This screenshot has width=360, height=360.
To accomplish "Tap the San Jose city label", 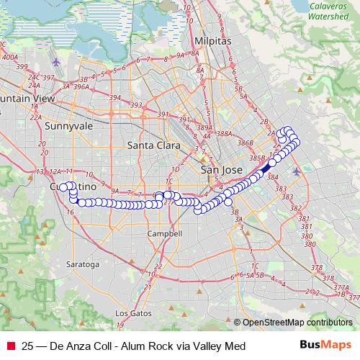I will point(217,170).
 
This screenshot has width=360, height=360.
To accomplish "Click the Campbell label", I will point(163,234).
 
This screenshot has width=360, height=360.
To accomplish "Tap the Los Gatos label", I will point(131,314).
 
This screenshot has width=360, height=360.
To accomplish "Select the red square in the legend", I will point(9,346).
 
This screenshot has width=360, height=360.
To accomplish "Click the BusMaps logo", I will point(330,346).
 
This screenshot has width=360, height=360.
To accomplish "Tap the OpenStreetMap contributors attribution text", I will point(297,323).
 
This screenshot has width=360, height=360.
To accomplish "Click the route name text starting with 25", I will point(134,346).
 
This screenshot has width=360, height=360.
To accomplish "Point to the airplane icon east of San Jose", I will point(299,171).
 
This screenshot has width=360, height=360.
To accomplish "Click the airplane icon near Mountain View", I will point(57,62).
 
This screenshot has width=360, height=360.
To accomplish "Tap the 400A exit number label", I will point(9,55).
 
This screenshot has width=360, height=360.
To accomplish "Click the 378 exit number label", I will point(317,268).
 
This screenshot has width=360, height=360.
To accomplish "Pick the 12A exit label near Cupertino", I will point(55,172).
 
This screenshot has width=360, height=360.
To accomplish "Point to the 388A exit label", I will point(225,134).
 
